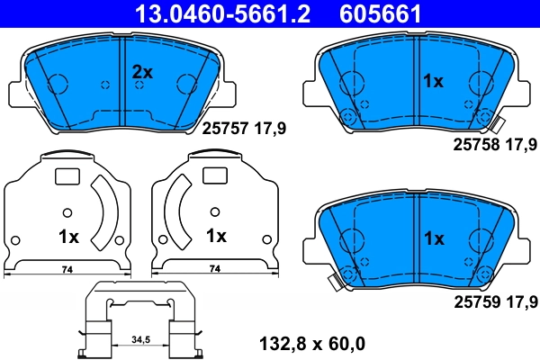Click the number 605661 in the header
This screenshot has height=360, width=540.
[379, 13]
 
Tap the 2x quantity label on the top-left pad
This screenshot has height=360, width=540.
[143, 72]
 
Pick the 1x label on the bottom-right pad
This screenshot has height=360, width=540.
[434, 238]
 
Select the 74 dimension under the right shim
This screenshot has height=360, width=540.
[214, 269]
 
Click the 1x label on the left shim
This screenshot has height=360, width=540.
[68, 238]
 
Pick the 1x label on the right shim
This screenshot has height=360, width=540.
[216, 238]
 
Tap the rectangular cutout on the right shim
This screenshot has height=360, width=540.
[214, 177]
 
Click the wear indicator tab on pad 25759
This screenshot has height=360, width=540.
[334, 283]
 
